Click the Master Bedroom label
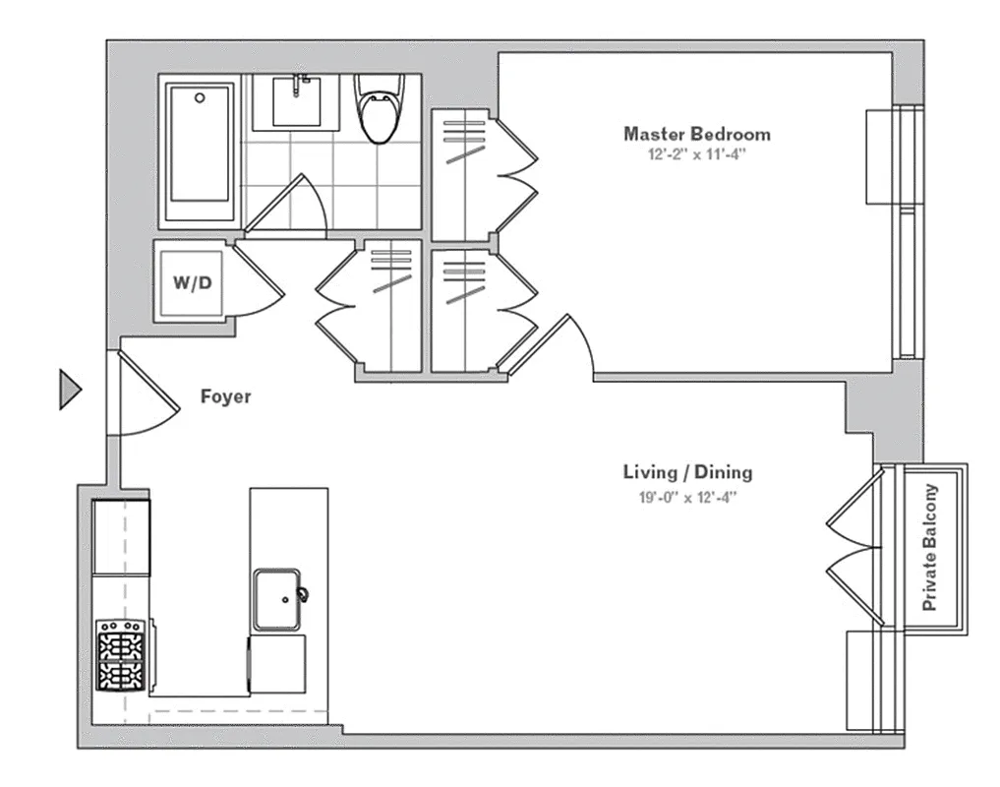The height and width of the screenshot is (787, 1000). pyautogui.click(x=696, y=134)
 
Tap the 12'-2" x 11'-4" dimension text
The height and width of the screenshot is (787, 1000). pyautogui.click(x=696, y=154)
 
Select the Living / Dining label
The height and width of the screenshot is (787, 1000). pyautogui.click(x=687, y=472)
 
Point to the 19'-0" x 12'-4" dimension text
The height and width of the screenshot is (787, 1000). pyautogui.click(x=687, y=497)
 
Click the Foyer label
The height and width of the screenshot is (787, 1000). pyautogui.click(x=225, y=397)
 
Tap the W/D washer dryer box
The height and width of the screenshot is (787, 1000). pyautogui.click(x=193, y=283)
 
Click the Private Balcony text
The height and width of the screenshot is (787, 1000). pyautogui.click(x=930, y=548)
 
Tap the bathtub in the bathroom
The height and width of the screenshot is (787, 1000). pyautogui.click(x=200, y=152)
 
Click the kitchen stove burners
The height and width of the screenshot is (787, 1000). pyautogui.click(x=122, y=655)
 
